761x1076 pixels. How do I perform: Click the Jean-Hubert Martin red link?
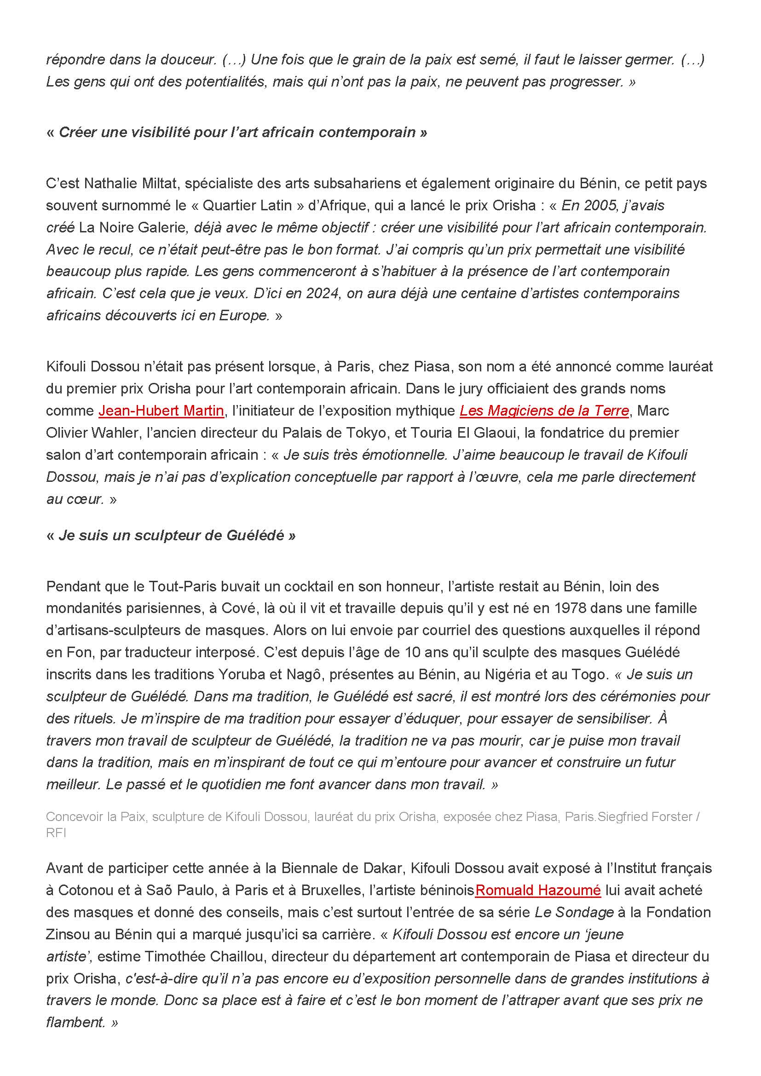[x=161, y=411]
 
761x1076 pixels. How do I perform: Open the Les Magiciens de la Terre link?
[x=543, y=411]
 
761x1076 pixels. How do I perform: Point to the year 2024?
[x=322, y=293]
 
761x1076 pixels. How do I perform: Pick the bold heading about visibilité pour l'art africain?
[x=236, y=132]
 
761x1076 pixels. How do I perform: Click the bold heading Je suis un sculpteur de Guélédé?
[x=171, y=535]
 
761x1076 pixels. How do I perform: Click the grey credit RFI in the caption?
[x=56, y=833]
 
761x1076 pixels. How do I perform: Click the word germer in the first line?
[x=647, y=59]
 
